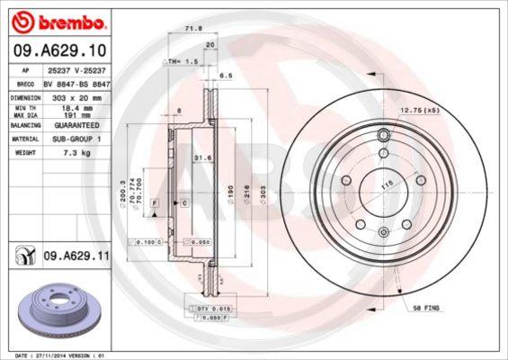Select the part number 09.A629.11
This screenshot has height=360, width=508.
[76, 256]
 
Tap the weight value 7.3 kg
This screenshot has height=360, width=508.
[75, 154]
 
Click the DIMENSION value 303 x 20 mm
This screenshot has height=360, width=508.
[76, 95]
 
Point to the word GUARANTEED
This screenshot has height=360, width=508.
[76, 126]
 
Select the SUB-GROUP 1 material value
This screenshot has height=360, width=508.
[76, 139]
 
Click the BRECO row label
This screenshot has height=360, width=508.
[25, 83]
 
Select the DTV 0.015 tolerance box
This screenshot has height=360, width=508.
[208, 308]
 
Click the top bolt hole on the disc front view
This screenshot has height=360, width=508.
[384, 136]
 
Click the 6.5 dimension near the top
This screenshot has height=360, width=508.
[226, 77]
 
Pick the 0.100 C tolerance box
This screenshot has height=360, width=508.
[148, 242]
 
